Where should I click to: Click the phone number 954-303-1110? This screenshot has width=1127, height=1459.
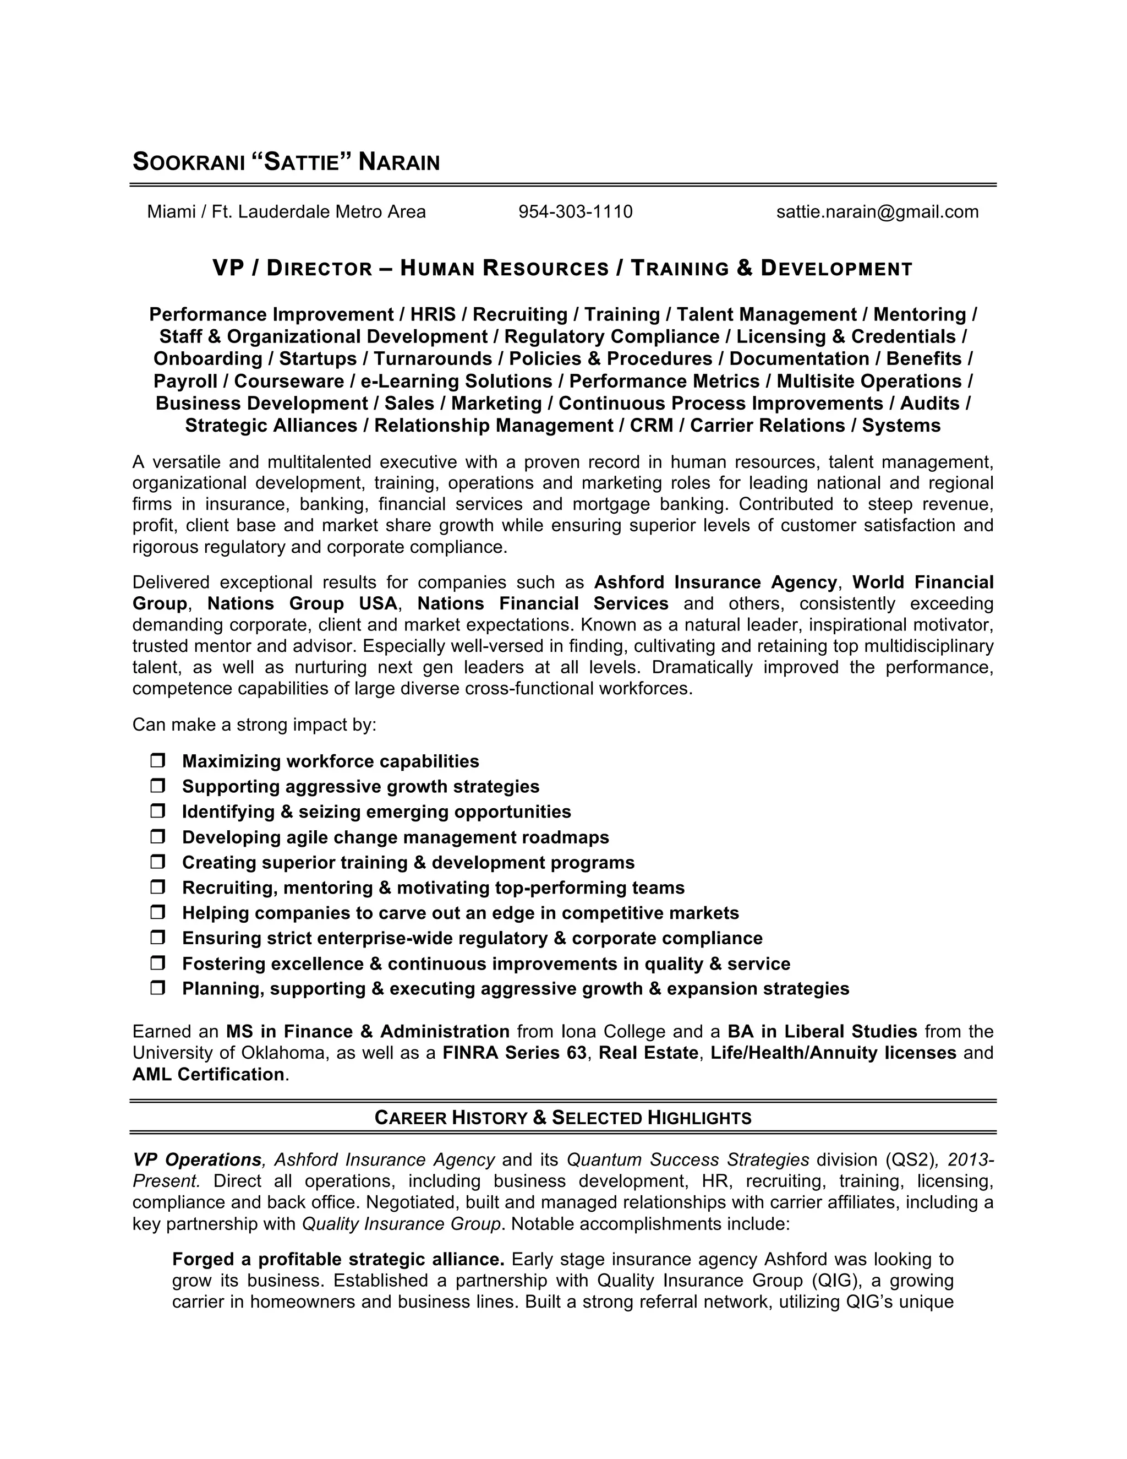pos(575,212)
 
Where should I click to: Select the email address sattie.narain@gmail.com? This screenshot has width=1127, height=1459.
pos(877,212)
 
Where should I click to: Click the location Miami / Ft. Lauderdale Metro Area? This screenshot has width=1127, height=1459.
pos(286,212)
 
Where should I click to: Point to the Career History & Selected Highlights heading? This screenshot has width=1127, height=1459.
pos(563,1118)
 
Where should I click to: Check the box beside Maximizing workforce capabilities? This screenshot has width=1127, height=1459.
pos(157,761)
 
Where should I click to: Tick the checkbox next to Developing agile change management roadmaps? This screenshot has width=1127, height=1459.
pos(157,836)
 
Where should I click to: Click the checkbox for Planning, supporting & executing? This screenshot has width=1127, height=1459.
pos(157,988)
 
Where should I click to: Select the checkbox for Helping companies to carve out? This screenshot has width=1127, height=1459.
pos(157,912)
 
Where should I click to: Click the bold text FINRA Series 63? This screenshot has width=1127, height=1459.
pos(514,1053)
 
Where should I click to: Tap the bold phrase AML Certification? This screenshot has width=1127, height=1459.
pos(209,1074)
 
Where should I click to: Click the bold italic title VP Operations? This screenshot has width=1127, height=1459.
pos(196,1159)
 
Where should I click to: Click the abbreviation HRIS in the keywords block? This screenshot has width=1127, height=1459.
pos(433,314)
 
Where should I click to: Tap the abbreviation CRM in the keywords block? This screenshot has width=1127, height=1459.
pos(651,426)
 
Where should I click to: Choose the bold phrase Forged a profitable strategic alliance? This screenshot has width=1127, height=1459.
pos(338,1259)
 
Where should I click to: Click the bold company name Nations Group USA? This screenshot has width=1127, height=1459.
pos(303,603)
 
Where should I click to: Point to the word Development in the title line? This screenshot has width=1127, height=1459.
pos(836,269)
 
